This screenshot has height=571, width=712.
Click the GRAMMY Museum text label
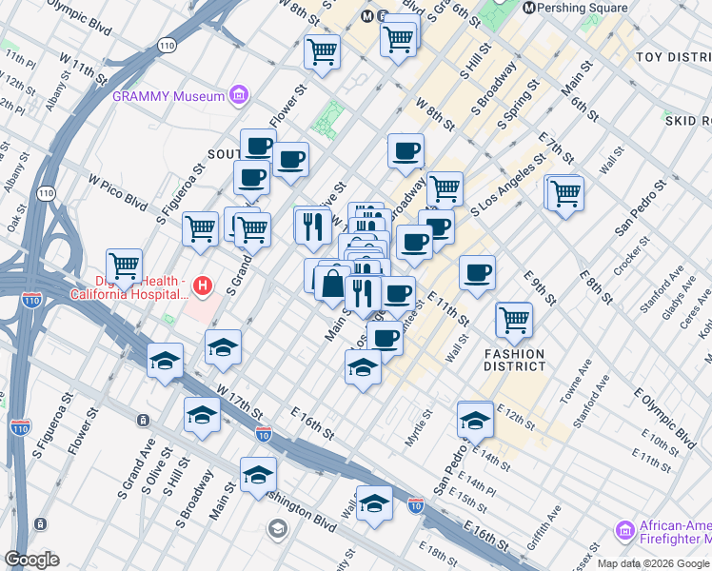(168, 95)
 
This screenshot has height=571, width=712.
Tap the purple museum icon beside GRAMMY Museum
(239, 95)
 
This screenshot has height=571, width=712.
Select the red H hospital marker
(201, 285)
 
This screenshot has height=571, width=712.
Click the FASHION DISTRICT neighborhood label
(521, 360)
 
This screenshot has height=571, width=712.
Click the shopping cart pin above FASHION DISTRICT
(514, 320)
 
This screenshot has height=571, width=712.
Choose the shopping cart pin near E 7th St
(565, 193)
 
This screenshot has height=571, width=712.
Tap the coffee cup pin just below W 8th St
(405, 150)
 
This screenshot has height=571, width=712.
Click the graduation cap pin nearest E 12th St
(475, 419)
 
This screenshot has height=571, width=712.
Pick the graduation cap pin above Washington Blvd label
(258, 475)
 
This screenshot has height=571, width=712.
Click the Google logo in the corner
(31, 560)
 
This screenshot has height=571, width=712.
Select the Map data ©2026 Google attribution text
(653, 563)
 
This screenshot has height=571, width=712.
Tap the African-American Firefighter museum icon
(625, 529)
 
